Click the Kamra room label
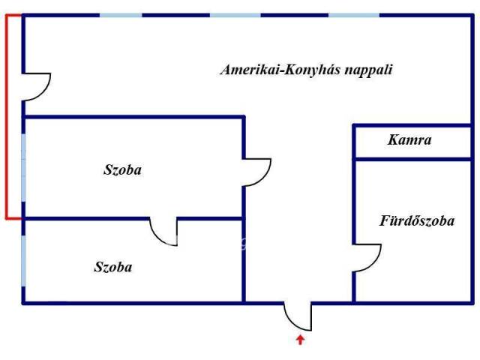click(x=409, y=140)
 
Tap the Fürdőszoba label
click(x=417, y=220)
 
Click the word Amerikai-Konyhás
click(x=280, y=70)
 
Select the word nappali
click(x=368, y=70)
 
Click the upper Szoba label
click(x=122, y=170)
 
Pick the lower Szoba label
click(x=113, y=267)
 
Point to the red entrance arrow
click(x=301, y=340)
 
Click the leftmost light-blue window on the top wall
click(x=121, y=15)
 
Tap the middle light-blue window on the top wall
click(x=235, y=15)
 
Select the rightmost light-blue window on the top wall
click(x=354, y=15)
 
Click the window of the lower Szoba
click(x=23, y=261)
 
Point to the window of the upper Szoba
click(x=23, y=168)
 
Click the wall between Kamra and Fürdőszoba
click(x=412, y=159)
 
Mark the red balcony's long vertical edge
click(x=7, y=117)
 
